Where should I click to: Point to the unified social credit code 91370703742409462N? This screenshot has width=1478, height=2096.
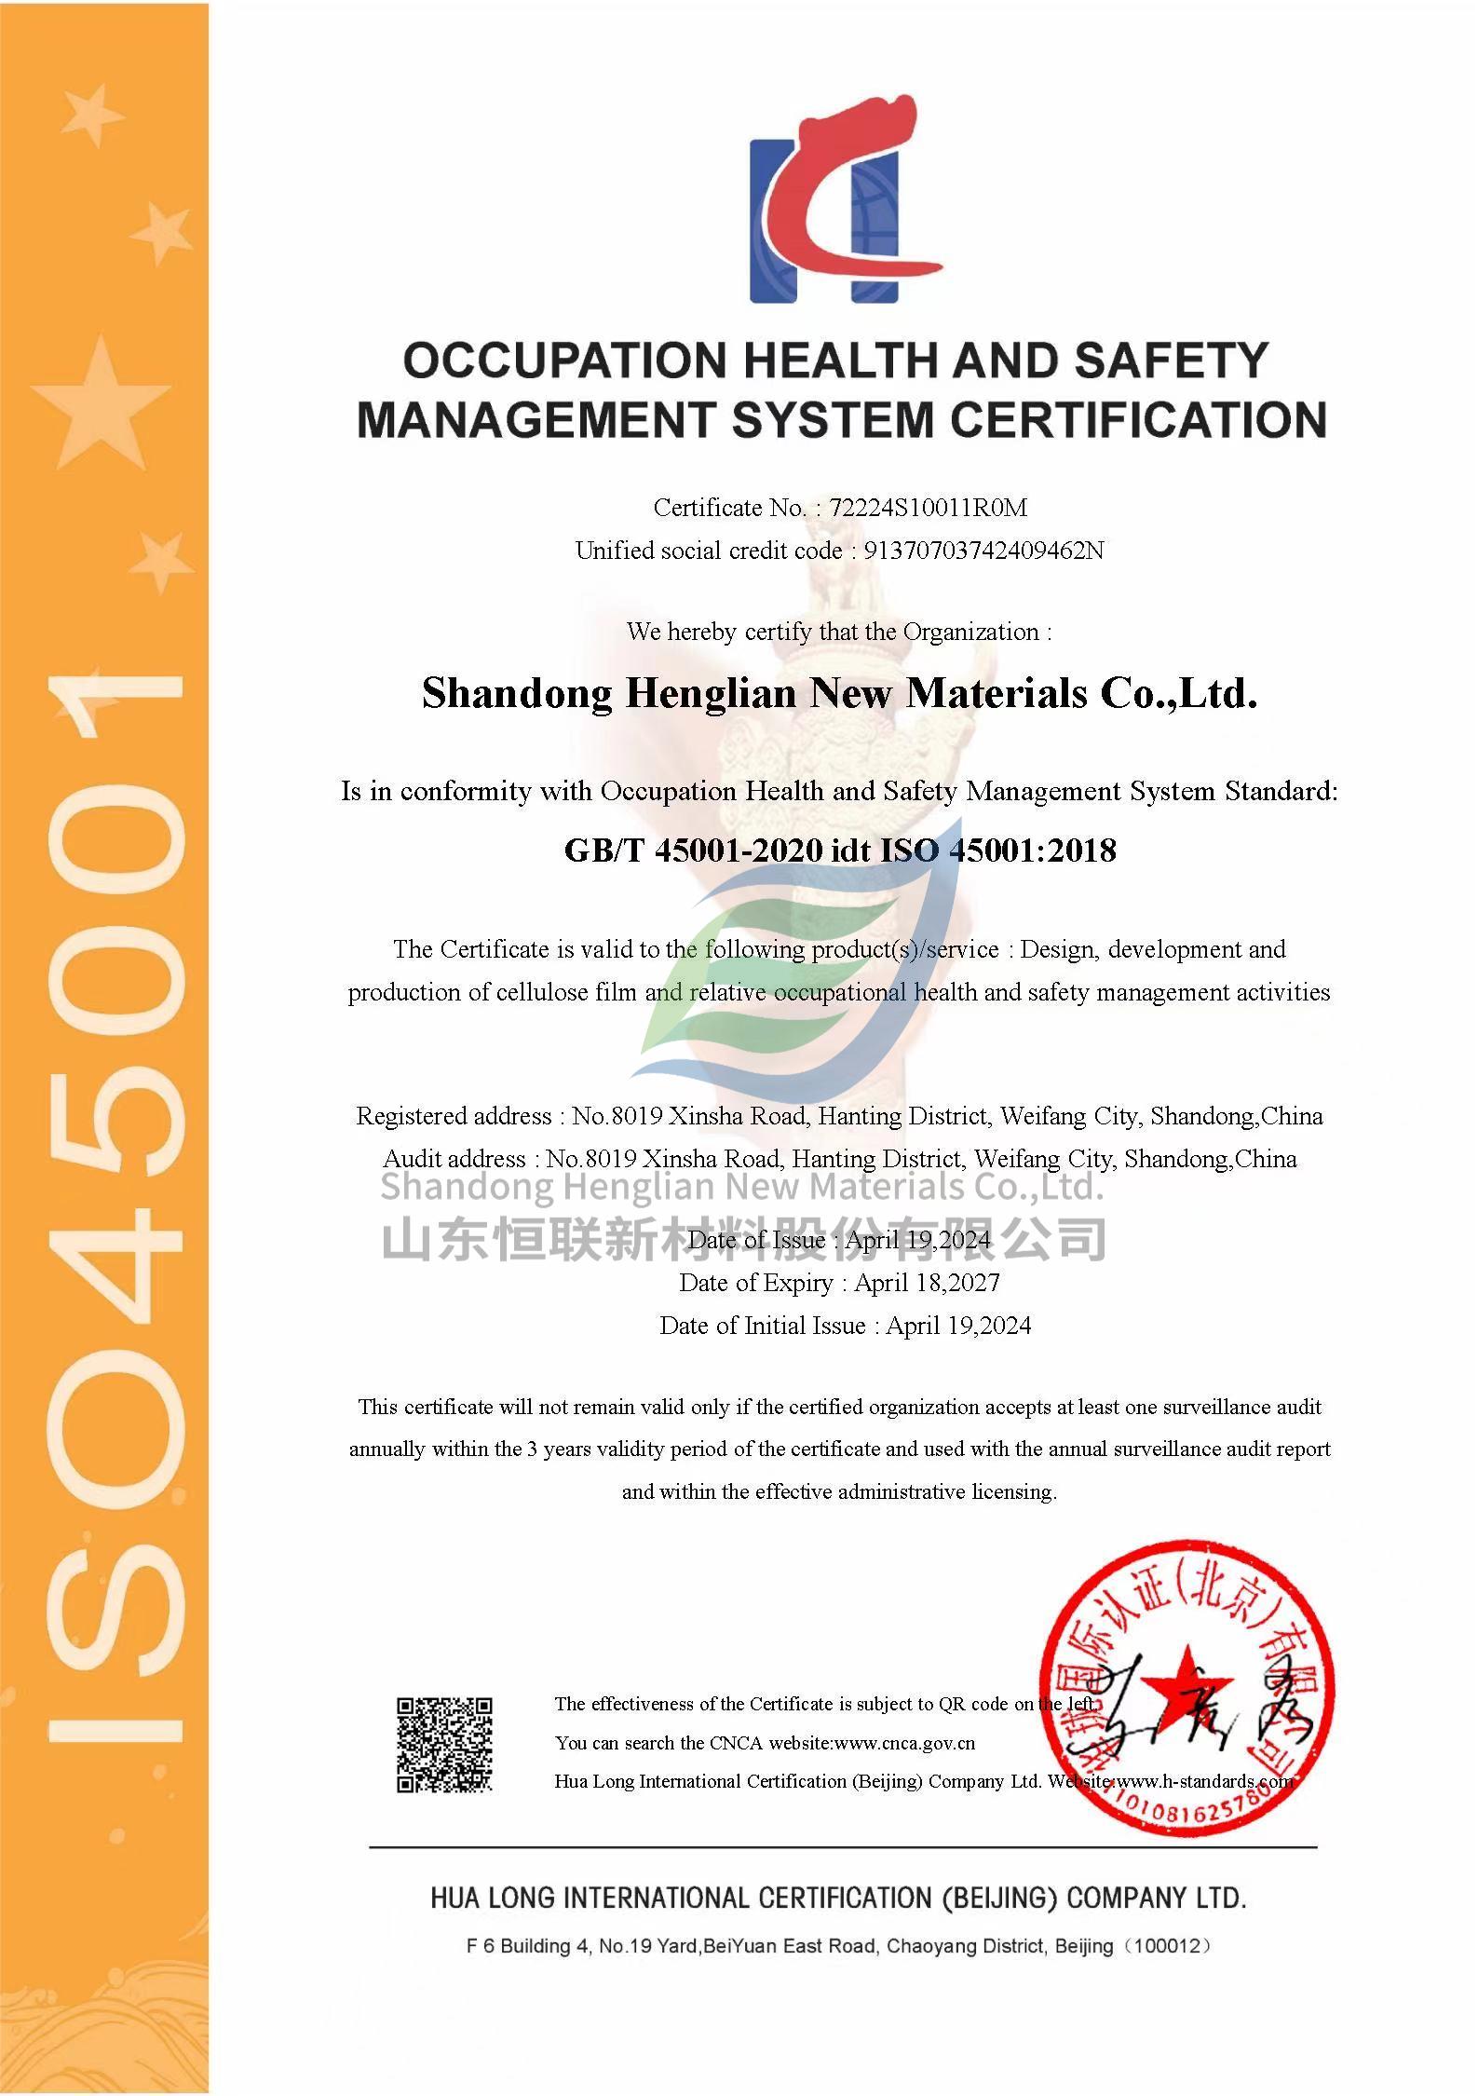point(983,551)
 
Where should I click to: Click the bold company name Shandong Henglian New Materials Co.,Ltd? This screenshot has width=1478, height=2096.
point(840,693)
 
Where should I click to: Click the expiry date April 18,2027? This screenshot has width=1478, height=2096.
point(927,1283)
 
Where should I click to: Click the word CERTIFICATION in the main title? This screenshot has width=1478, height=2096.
point(1138,420)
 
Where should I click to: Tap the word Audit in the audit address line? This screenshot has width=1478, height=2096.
point(414,1159)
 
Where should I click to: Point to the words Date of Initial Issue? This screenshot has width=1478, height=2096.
point(763,1326)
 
